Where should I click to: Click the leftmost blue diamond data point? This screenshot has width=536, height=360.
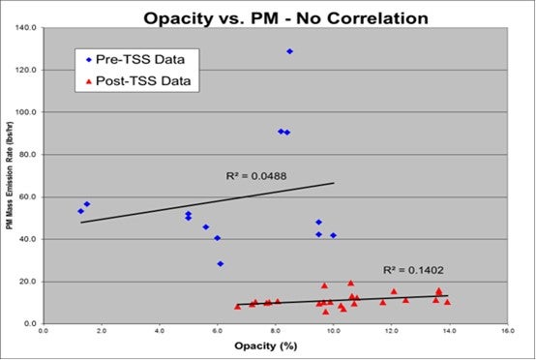coord(80,210)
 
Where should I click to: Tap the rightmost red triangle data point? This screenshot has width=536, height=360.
coord(447,301)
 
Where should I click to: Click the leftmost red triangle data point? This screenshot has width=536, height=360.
coord(237,306)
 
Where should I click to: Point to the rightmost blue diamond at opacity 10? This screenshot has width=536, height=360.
coord(334,235)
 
